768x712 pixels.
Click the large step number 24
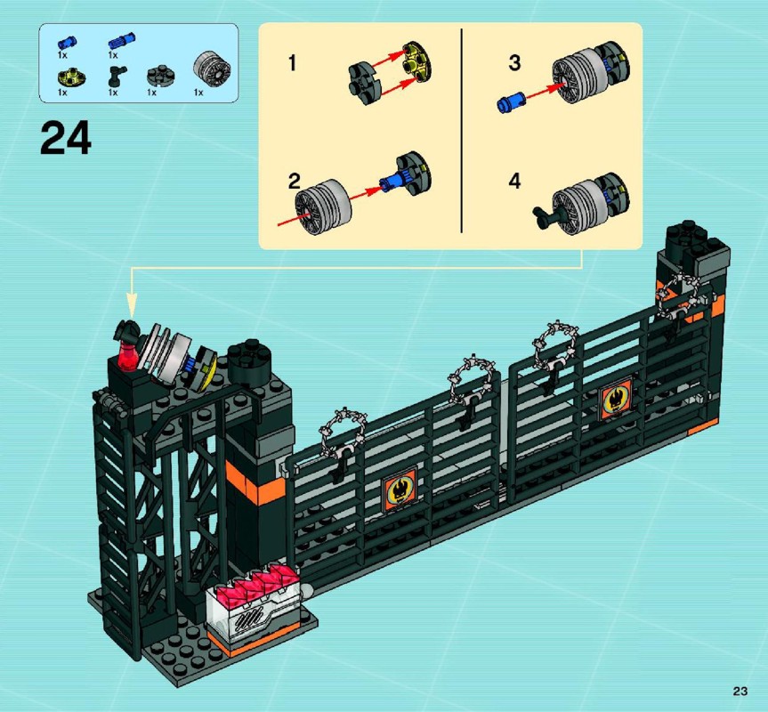[x=66, y=139]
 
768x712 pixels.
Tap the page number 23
[x=740, y=691]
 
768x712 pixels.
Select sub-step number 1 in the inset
[x=293, y=63]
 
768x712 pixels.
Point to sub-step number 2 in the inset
[x=294, y=182]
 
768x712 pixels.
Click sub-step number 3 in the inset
[x=514, y=62]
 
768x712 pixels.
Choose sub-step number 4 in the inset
[x=514, y=182]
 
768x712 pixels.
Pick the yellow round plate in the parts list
[x=71, y=77]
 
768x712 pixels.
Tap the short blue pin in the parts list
[x=67, y=42]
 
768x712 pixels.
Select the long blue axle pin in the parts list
[x=122, y=41]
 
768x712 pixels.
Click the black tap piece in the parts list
[x=117, y=76]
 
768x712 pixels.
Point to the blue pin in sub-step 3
[x=511, y=101]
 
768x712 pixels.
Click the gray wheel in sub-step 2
[x=323, y=207]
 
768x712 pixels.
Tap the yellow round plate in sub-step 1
[x=417, y=61]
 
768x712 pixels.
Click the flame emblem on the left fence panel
[x=400, y=487]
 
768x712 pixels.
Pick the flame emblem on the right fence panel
[x=615, y=399]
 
